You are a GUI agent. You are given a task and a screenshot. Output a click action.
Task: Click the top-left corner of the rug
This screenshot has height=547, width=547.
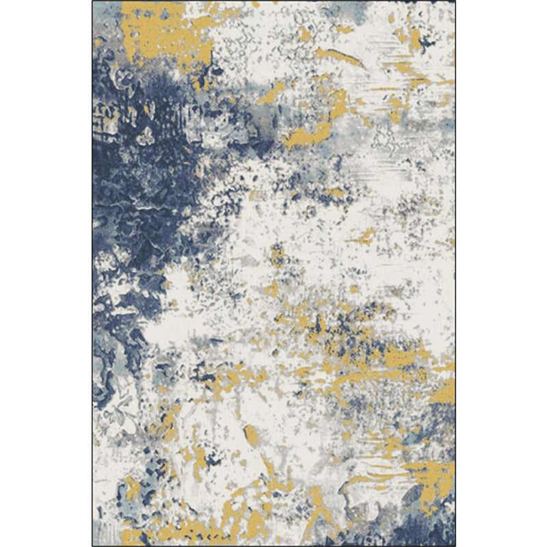[x=92, y=1]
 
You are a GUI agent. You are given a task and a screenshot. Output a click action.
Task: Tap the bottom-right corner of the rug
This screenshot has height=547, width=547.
[x=455, y=546]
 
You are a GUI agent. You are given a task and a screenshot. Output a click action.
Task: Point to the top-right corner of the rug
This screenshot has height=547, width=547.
[x=455, y=1]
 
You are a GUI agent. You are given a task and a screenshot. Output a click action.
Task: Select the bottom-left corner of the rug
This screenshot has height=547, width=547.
[x=92, y=546]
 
